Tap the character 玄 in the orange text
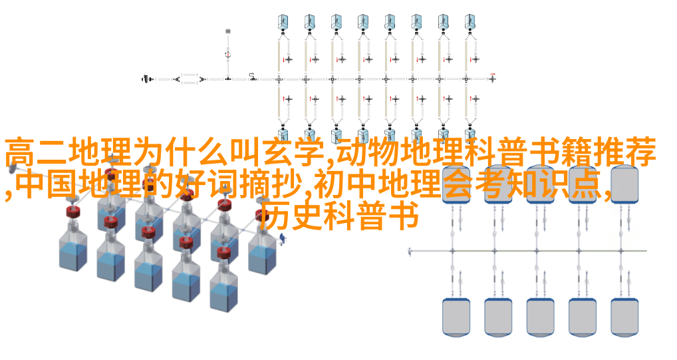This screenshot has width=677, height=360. click(x=277, y=152)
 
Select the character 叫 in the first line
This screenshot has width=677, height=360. click(x=245, y=152)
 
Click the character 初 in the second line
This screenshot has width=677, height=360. click(x=328, y=184)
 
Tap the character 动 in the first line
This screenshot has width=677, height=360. click(x=350, y=152)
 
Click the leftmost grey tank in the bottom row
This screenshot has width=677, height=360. click(x=456, y=317)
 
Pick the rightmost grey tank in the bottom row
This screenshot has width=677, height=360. click(x=624, y=317)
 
